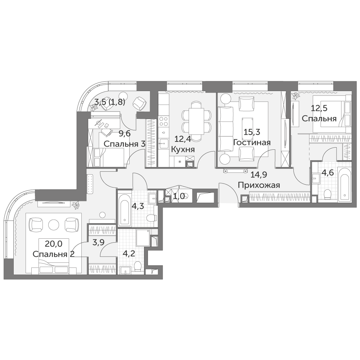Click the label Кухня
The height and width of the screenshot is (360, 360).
coord(183,149)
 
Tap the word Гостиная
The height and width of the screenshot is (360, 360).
coord(252,142)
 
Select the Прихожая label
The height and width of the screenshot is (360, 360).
coord(259,185)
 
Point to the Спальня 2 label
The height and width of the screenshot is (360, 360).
coord(54,254)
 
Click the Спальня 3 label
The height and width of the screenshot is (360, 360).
coord(125,144)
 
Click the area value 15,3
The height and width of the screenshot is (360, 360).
coord(252,132)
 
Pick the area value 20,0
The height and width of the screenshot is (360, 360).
coord(54,244)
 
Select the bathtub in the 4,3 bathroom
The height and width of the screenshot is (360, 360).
coord(124,210)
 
